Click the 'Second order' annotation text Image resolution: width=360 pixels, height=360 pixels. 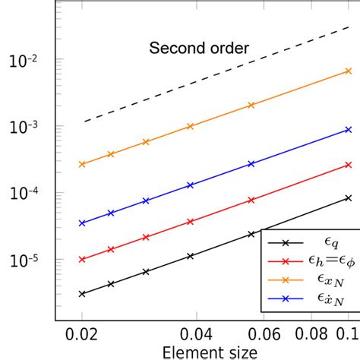(199, 50)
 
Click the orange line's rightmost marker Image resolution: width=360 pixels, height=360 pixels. (348, 71)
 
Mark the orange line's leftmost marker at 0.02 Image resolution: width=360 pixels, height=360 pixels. (82, 164)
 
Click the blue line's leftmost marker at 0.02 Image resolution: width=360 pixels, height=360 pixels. (82, 223)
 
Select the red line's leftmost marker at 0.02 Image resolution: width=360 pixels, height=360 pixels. (82, 259)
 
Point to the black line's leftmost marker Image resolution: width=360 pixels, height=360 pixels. (82, 293)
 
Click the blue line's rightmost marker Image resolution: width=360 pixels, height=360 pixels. (348, 130)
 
